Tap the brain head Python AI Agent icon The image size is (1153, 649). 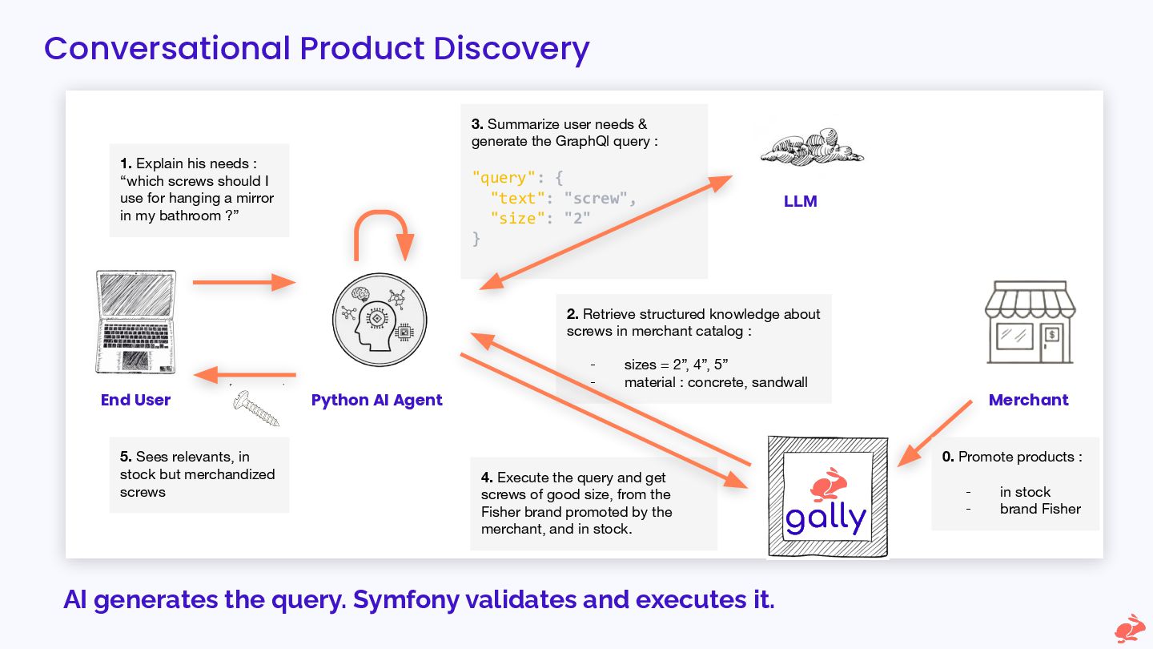point(380,320)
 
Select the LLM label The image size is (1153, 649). point(800,201)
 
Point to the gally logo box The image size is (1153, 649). point(827,497)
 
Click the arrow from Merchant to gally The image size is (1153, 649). point(935,433)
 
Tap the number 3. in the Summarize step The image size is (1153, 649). point(477,124)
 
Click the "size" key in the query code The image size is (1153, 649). point(517,217)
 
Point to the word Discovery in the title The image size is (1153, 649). point(512,48)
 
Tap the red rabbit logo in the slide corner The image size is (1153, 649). point(1129,628)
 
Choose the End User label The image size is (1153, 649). point(135,400)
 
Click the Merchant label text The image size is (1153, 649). point(1028,400)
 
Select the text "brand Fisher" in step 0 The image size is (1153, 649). point(1040,509)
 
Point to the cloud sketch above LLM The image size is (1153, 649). point(811,149)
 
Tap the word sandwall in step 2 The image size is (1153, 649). point(779,382)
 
